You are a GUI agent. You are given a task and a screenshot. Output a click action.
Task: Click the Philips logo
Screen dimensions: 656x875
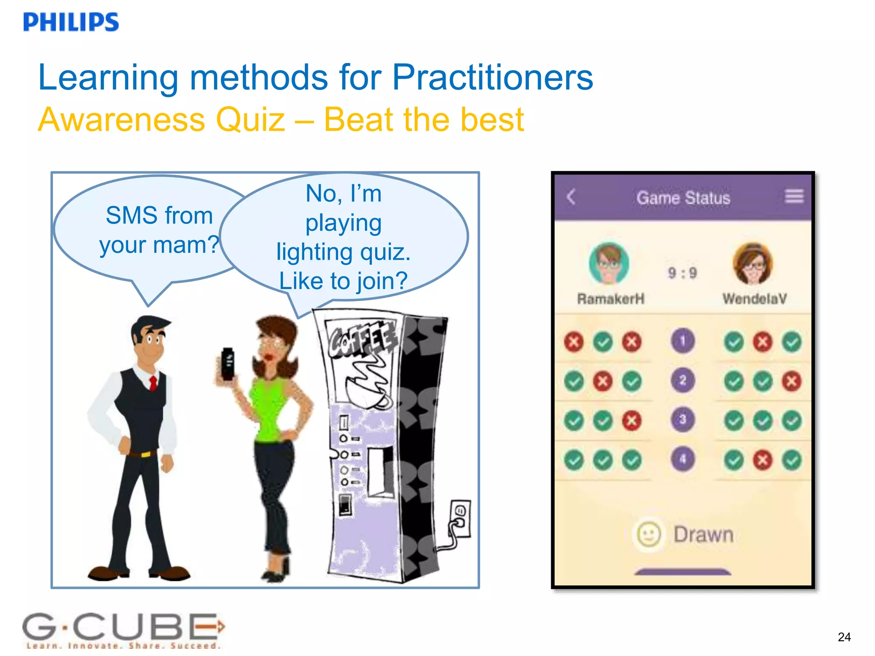tap(71, 22)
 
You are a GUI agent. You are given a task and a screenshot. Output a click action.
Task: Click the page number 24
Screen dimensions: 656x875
tap(844, 637)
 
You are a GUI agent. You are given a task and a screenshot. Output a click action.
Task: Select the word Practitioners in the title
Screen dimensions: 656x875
tap(493, 78)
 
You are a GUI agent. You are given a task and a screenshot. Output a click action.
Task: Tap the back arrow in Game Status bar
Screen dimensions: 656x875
tap(571, 197)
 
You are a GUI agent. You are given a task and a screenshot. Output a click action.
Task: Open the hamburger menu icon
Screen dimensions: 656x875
tap(794, 196)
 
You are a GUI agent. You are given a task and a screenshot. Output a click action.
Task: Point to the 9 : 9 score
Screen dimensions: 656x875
tap(682, 273)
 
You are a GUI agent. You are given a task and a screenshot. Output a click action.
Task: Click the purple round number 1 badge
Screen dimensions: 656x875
tap(683, 341)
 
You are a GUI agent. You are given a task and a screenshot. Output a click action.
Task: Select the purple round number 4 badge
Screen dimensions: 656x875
tap(683, 459)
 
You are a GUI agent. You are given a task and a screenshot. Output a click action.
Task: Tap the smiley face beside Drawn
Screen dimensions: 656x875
tap(649, 534)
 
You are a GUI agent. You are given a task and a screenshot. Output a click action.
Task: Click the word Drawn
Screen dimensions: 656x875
tap(703, 535)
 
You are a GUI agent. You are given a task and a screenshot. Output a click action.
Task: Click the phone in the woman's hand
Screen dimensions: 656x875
tap(228, 364)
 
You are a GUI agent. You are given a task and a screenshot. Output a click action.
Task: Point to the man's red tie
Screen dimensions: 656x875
tap(153, 382)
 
